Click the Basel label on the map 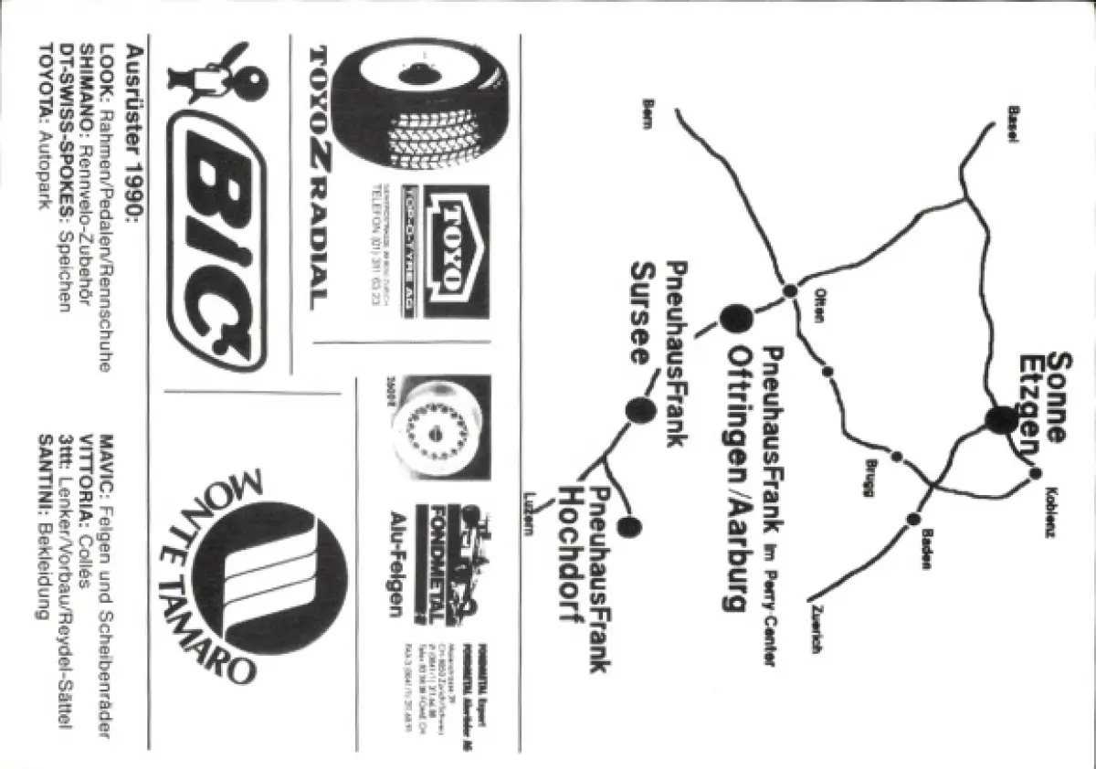(x=1013, y=122)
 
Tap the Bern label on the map (x=648, y=113)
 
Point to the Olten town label (x=819, y=306)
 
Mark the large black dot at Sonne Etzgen (x=1001, y=419)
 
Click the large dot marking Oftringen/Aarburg (x=736, y=318)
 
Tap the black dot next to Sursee (x=640, y=411)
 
